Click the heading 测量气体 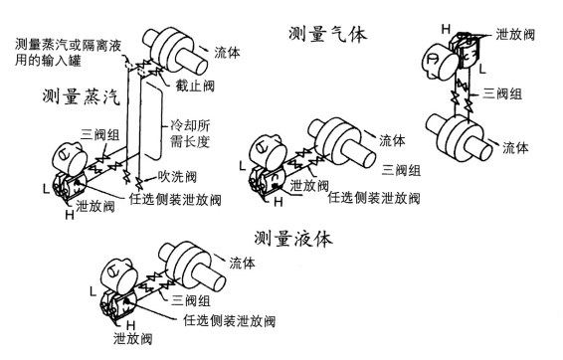328,35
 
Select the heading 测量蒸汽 82,96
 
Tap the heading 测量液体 293,239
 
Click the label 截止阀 195,86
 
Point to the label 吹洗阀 177,177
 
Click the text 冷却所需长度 190,133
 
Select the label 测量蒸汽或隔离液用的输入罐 69,53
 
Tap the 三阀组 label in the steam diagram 99,135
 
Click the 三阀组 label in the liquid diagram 191,300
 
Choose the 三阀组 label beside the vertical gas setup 502,93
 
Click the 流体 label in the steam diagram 227,53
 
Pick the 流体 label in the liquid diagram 243,263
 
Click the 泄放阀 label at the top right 515,34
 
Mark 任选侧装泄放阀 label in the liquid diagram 230,320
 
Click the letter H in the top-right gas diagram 446,29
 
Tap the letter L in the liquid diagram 93,291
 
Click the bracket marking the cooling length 153,120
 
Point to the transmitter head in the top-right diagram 441,60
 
